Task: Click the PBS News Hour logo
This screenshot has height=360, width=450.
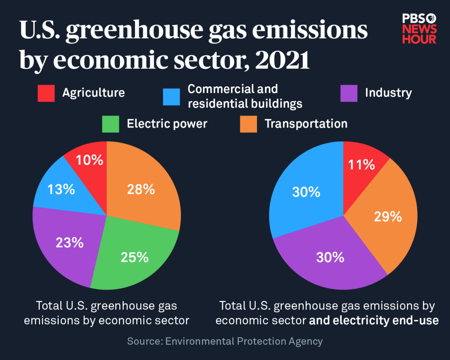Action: (x=419, y=29)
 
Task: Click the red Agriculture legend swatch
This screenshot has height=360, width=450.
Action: (x=46, y=93)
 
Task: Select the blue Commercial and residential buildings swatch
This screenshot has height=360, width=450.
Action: (x=171, y=97)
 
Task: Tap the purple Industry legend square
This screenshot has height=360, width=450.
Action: (x=349, y=93)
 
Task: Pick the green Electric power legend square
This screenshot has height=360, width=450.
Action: (x=111, y=124)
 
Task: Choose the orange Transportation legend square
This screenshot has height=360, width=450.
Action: (x=249, y=124)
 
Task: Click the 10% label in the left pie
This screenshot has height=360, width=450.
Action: (x=89, y=160)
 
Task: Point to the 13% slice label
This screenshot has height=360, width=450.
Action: (x=61, y=189)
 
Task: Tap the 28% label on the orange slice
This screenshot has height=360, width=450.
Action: (x=141, y=189)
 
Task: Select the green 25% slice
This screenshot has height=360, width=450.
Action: (x=135, y=257)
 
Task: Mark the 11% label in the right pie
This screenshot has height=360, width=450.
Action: (x=361, y=165)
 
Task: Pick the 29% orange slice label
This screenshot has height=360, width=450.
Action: (x=388, y=216)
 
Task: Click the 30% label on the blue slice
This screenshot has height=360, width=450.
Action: (x=306, y=192)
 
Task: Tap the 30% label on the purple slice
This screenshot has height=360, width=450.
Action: (x=330, y=257)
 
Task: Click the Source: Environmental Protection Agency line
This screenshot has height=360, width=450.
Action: (x=225, y=341)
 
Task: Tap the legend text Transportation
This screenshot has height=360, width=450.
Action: (x=306, y=124)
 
